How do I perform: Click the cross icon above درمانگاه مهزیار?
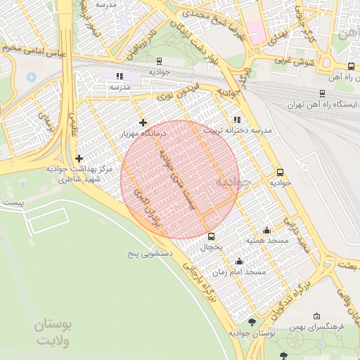[143, 122]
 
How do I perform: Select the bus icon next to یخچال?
[211, 236]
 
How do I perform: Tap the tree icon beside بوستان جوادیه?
[252, 321]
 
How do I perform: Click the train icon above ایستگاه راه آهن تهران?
[322, 93]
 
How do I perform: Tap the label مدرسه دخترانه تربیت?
[237, 131]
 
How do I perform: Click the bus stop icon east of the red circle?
[280, 172]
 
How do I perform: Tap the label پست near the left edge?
[13, 202]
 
